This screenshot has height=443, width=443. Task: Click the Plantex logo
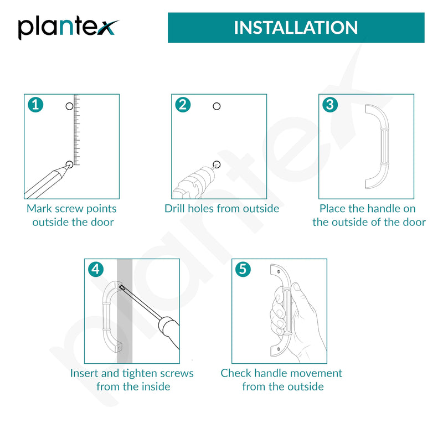point(68,28)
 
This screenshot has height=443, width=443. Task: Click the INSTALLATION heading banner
point(296,28)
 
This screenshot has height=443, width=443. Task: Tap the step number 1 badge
point(35,105)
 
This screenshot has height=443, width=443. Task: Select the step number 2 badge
point(183,105)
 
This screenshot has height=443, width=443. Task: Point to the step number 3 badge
point(330,105)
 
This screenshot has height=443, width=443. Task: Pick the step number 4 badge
point(96,270)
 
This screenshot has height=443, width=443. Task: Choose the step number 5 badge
point(243,270)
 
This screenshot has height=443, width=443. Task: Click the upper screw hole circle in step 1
point(69,106)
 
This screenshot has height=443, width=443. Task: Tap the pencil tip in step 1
point(66,167)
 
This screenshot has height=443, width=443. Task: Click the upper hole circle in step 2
point(217,106)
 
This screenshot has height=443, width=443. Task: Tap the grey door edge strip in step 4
point(125,311)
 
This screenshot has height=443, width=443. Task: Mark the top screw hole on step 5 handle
point(279,272)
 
